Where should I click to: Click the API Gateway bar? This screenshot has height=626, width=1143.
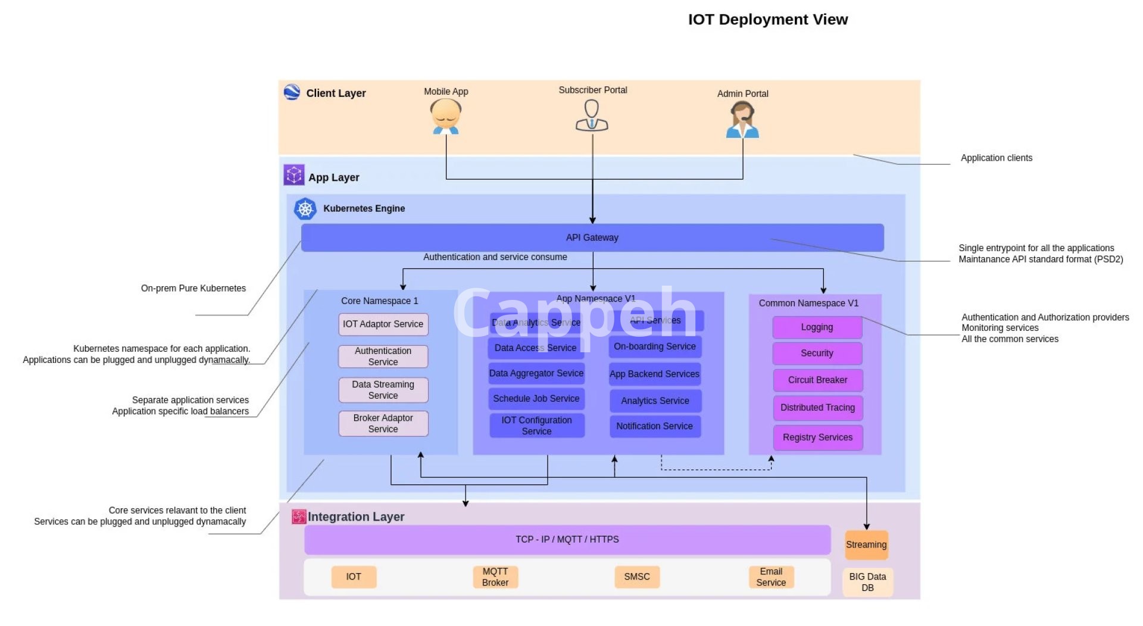pyautogui.click(x=592, y=237)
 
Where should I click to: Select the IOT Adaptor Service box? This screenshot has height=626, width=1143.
pyautogui.click(x=383, y=324)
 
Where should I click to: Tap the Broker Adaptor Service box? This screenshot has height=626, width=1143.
pyautogui.click(x=383, y=423)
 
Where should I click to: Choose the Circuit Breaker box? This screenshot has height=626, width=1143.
pyautogui.click(x=817, y=380)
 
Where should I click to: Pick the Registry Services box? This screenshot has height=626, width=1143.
pyautogui.click(x=817, y=437)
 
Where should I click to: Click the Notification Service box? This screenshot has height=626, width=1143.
pyautogui.click(x=654, y=426)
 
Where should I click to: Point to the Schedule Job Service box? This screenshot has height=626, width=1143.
pyautogui.click(x=536, y=399)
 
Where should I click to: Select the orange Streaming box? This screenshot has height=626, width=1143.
pyautogui.click(x=866, y=544)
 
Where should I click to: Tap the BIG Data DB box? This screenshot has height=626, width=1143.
pyautogui.click(x=867, y=582)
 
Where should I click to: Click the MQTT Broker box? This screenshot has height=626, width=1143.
pyautogui.click(x=495, y=577)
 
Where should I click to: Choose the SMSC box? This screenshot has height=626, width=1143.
pyautogui.click(x=637, y=577)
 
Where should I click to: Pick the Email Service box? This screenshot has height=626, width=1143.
pyautogui.click(x=771, y=577)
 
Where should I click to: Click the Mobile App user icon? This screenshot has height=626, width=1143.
pyautogui.click(x=446, y=117)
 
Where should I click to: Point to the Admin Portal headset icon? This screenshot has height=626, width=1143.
pyautogui.click(x=742, y=120)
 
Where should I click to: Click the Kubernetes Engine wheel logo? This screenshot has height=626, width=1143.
pyautogui.click(x=305, y=209)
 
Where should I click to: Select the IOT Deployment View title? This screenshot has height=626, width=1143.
pyautogui.click(x=768, y=20)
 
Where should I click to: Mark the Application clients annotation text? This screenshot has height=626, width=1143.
pyautogui.click(x=996, y=158)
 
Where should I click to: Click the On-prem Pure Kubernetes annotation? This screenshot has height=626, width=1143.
pyautogui.click(x=193, y=288)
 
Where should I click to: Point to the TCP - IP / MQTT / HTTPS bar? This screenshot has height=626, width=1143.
pyautogui.click(x=567, y=539)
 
